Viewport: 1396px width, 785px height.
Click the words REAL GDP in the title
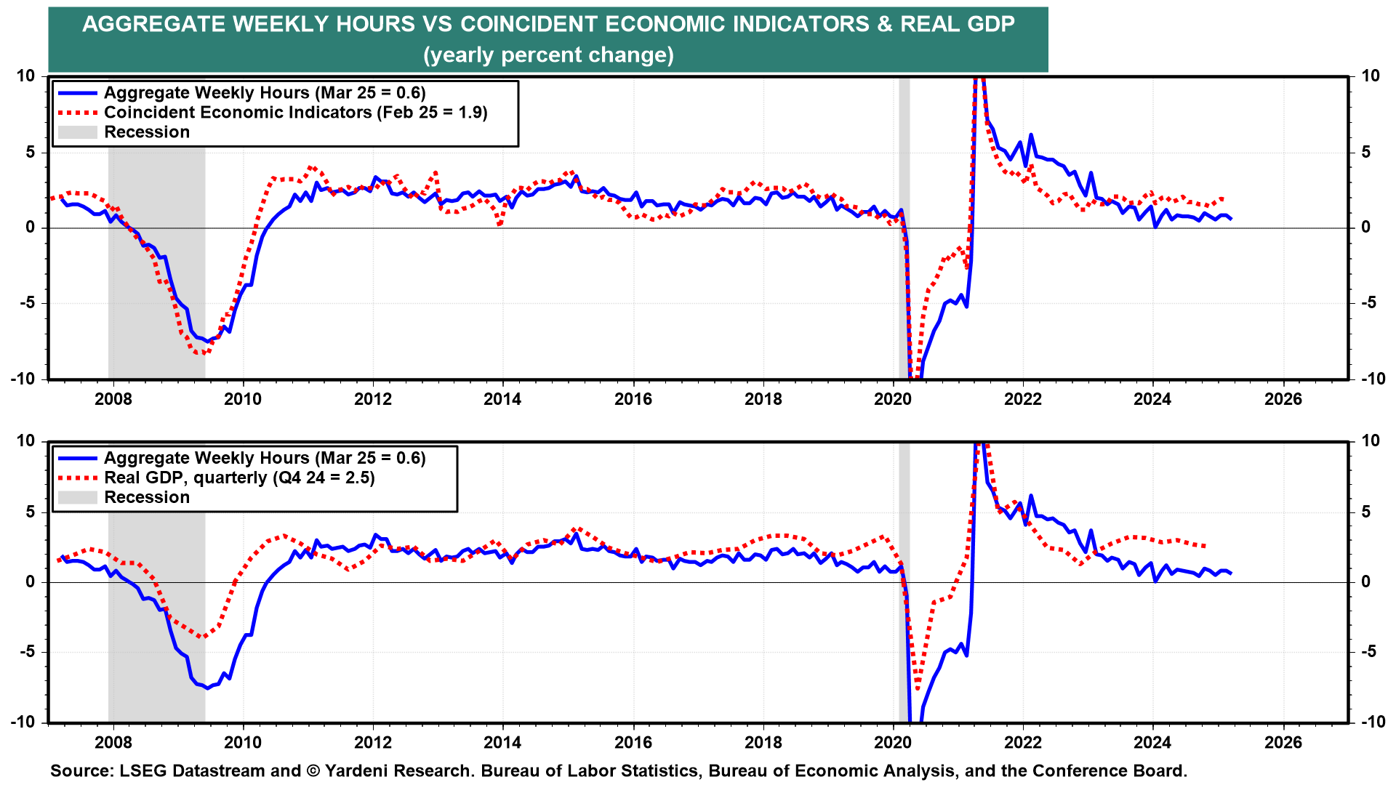tap(958, 24)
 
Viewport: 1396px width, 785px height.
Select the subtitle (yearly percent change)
tap(548, 55)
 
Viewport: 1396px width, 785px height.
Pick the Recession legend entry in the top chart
tap(124, 132)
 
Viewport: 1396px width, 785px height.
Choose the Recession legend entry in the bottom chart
tap(124, 497)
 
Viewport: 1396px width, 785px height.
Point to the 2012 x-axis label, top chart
tap(373, 399)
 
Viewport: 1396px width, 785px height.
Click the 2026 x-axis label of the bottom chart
tap(1283, 742)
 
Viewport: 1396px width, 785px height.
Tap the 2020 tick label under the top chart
tap(893, 399)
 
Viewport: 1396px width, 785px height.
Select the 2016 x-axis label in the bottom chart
tap(633, 742)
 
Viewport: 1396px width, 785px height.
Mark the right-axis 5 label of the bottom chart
tap(1366, 512)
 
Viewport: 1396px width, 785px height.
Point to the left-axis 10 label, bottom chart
tap(25, 441)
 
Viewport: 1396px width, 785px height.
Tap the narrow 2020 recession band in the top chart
tap(904, 228)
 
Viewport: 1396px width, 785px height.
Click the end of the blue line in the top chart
tap(1231, 219)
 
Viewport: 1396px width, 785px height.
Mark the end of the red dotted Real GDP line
tap(1206, 546)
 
